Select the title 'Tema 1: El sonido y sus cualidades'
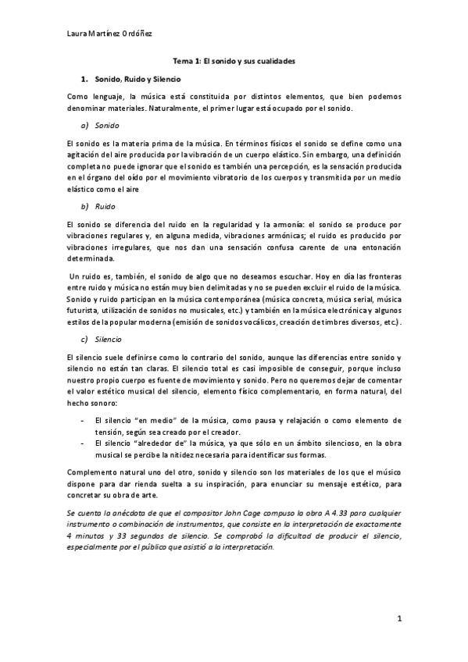click(234, 61)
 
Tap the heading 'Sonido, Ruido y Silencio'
click(137, 80)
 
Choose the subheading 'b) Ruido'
click(98, 206)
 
